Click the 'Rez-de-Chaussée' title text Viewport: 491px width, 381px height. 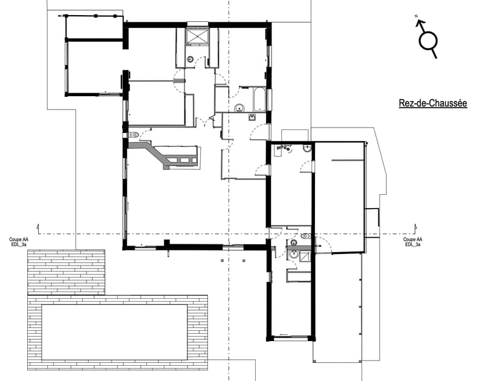[432, 103]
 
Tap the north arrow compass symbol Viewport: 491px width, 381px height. [428, 40]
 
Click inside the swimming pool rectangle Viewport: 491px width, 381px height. [115, 331]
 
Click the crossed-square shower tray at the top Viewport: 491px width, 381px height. [197, 37]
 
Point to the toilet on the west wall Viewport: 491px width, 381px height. [134, 134]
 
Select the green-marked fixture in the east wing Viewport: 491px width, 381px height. [283, 147]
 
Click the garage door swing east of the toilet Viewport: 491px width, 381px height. [322, 244]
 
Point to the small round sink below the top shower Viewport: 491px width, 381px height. [190, 59]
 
